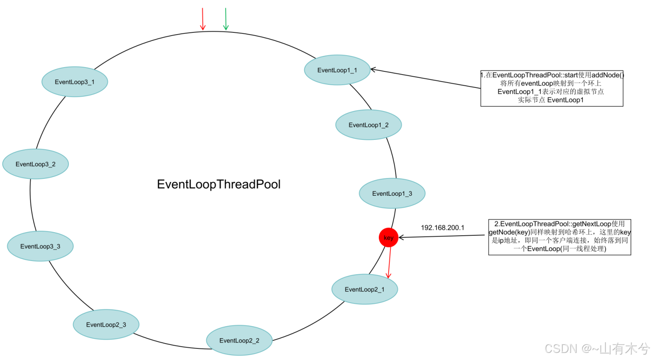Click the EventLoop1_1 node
(x=337, y=70)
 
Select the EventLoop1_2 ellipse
(x=369, y=125)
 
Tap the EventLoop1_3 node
(x=392, y=194)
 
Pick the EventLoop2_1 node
(x=365, y=289)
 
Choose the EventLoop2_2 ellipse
(x=239, y=340)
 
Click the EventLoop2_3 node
(x=106, y=324)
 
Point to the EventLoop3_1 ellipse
(x=75, y=82)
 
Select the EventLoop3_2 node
(x=36, y=164)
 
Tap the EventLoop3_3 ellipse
(x=40, y=246)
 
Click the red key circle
(x=389, y=238)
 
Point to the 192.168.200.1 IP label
(x=442, y=228)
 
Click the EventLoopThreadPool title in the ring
(x=219, y=185)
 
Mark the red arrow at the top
(x=203, y=19)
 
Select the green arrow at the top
(x=226, y=19)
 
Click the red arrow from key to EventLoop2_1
(x=389, y=262)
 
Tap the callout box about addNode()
(x=552, y=88)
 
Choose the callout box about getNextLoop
(x=560, y=237)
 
